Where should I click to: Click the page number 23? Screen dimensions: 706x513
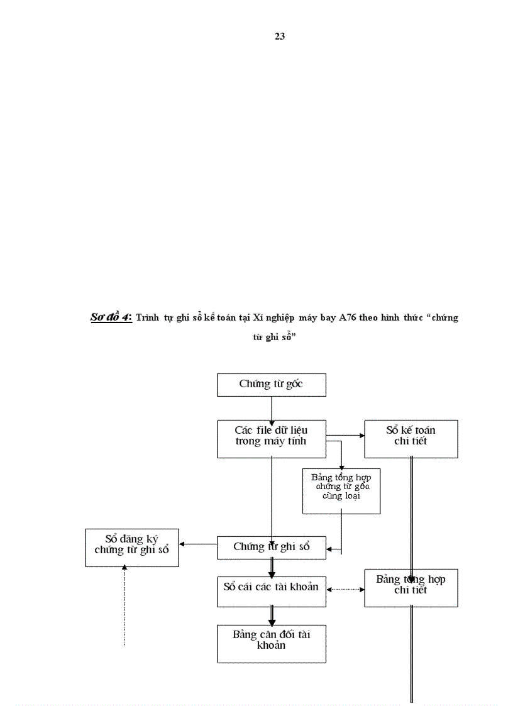pyautogui.click(x=280, y=36)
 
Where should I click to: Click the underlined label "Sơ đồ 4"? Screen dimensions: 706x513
pyautogui.click(x=111, y=317)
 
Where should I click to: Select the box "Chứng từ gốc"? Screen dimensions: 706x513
pyautogui.click(x=271, y=384)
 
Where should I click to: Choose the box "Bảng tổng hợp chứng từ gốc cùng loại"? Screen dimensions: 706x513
pyautogui.click(x=341, y=490)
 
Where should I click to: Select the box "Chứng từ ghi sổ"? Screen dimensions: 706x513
pyautogui.click(x=271, y=547)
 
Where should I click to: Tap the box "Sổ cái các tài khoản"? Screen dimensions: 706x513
pyautogui.click(x=271, y=588)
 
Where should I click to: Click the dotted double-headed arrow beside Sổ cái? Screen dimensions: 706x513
pyautogui.click(x=345, y=589)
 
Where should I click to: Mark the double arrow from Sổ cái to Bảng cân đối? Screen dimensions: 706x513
pyautogui.click(x=272, y=615)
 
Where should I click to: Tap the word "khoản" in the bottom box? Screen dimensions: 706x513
pyautogui.click(x=271, y=645)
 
